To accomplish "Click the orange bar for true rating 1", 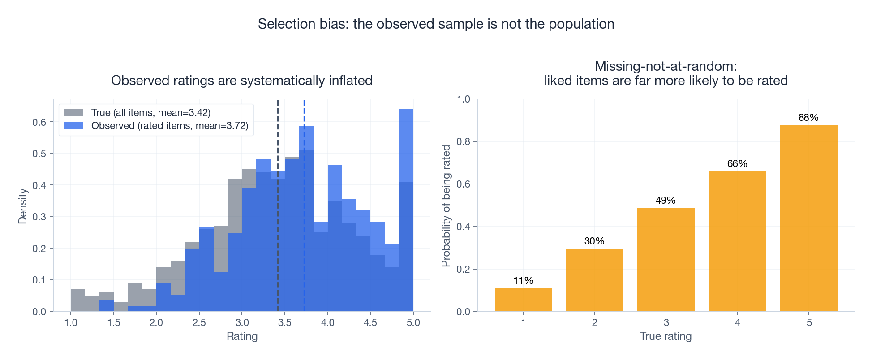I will point(523,300).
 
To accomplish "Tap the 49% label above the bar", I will point(666,201).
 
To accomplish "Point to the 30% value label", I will point(594,241).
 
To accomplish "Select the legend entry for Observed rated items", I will point(169,126).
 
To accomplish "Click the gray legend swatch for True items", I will point(73,113).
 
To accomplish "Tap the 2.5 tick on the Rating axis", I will point(199,323).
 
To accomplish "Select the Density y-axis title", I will point(22,206).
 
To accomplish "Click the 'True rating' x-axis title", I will point(666,336).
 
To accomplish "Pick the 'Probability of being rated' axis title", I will point(446,206).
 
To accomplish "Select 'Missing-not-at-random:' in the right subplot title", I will point(666,66).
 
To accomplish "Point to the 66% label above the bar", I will point(737,164).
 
